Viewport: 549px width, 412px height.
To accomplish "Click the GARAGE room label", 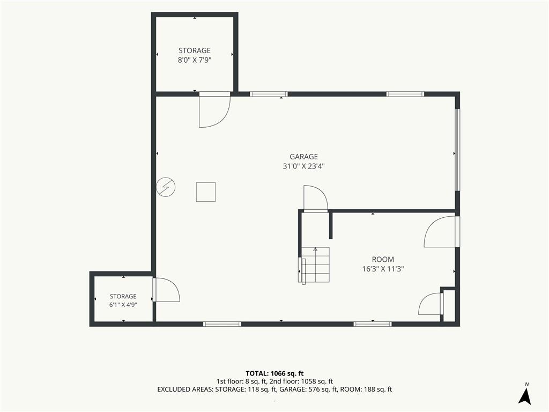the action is [303, 157].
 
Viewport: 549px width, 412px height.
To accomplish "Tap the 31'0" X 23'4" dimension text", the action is [303, 166].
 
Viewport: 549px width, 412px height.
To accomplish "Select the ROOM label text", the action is [383, 260].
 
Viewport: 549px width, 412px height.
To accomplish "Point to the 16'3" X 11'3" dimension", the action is [383, 269].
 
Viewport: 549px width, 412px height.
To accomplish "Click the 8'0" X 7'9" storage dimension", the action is [195, 60].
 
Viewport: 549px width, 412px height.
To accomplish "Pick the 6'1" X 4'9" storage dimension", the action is [123, 305].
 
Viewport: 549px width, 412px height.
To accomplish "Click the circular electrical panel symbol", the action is [166, 187].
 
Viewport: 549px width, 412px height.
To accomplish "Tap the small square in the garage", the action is [206, 192].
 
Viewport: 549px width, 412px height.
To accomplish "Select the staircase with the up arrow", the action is [314, 265].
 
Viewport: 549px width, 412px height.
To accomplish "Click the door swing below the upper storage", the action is [214, 109].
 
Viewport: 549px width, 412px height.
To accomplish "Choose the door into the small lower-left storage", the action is [166, 290].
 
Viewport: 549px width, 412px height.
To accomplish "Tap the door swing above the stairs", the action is [315, 198].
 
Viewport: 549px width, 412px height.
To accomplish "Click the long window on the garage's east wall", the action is [457, 150].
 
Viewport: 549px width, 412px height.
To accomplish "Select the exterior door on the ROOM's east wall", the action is [442, 232].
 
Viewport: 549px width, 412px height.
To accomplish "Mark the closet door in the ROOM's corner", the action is [431, 304].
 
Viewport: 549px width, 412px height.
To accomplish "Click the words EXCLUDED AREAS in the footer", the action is [185, 389].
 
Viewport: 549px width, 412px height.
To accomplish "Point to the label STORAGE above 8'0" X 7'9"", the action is [195, 50].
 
